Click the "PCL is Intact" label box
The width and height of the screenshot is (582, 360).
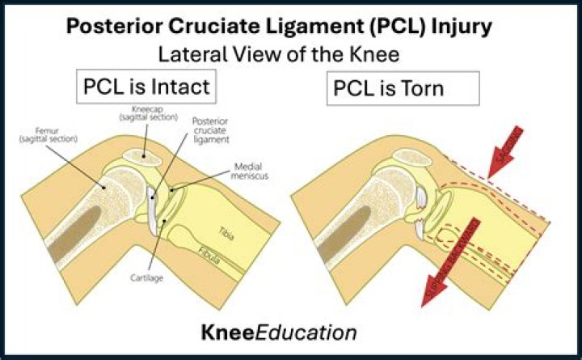tap(145, 87)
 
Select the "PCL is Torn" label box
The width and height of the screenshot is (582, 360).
tap(388, 87)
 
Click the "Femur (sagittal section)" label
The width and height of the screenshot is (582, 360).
tap(47, 136)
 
